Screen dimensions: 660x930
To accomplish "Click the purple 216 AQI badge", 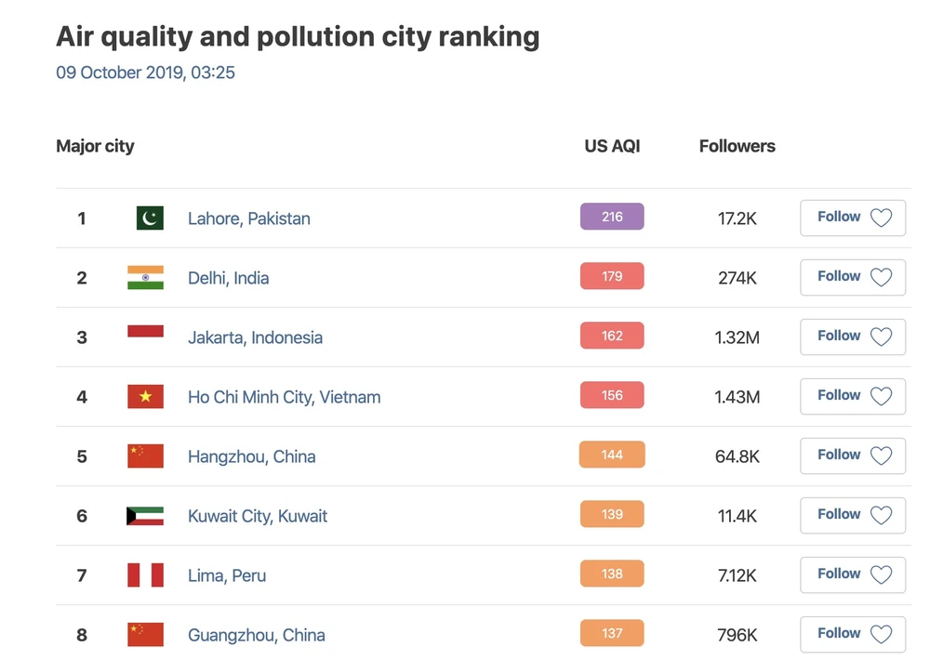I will pyautogui.click(x=612, y=217).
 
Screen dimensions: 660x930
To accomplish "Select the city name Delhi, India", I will pyautogui.click(x=228, y=278).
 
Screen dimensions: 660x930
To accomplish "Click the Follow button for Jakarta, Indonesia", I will pyautogui.click(x=852, y=337).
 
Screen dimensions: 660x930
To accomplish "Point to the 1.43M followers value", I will pyautogui.click(x=737, y=397).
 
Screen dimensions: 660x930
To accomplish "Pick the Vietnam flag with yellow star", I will pyautogui.click(x=145, y=397).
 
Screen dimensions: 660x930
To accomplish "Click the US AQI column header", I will pyautogui.click(x=612, y=146).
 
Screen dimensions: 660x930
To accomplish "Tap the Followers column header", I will pyautogui.click(x=737, y=146).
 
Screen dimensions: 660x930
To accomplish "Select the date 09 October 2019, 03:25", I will pyautogui.click(x=145, y=73).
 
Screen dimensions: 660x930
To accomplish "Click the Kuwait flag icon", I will pyautogui.click(x=145, y=516).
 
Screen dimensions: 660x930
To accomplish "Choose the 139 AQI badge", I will pyautogui.click(x=612, y=514).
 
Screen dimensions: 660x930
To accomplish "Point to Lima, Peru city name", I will pyautogui.click(x=227, y=575).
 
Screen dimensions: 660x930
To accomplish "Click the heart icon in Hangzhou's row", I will pyautogui.click(x=881, y=455).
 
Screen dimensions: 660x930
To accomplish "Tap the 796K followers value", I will pyautogui.click(x=737, y=635).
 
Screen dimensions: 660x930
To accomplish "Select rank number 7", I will pyautogui.click(x=82, y=575).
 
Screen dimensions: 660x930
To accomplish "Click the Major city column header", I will pyautogui.click(x=95, y=146).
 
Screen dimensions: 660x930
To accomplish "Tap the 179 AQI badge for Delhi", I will pyautogui.click(x=612, y=276).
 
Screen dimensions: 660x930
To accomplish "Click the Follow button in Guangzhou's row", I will pyautogui.click(x=852, y=634).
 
